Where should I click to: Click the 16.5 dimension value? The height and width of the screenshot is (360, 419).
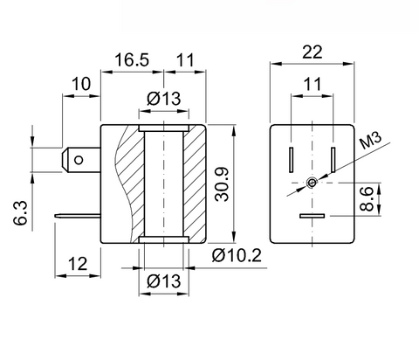tap(132, 60)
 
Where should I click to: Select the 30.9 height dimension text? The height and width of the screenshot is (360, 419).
tap(222, 184)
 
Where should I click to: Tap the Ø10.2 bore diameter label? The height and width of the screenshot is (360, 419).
tap(237, 255)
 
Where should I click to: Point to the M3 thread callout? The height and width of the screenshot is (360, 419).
tap(370, 141)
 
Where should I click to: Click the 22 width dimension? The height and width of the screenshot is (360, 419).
tap(313, 52)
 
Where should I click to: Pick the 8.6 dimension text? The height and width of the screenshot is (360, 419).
tap(367, 199)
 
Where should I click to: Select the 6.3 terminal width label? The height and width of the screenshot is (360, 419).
tap(20, 213)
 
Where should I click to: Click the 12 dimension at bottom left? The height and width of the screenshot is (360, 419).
tap(78, 264)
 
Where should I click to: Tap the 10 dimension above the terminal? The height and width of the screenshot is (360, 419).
tap(81, 84)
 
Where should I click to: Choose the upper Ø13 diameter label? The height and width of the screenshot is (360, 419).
tap(164, 98)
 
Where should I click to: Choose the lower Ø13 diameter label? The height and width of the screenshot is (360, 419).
tap(164, 281)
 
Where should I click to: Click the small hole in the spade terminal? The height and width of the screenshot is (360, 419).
tap(79, 160)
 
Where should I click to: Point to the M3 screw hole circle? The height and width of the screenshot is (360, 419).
tap(312, 183)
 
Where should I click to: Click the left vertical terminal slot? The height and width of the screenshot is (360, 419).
tap(291, 160)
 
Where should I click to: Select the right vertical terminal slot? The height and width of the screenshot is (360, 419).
tap(333, 160)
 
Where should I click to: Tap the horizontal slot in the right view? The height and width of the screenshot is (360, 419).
tap(313, 216)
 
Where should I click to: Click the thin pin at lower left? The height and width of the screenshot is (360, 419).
tap(78, 216)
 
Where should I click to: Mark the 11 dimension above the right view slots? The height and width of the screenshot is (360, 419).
tap(313, 84)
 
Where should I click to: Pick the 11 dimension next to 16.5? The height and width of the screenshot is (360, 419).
tap(185, 60)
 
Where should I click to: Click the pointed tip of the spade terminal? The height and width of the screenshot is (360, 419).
tap(62, 160)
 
